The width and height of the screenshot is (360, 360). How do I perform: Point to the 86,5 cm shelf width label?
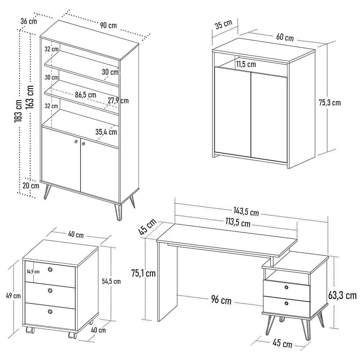click(86, 95)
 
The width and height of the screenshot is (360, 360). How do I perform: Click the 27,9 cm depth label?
click(118, 100)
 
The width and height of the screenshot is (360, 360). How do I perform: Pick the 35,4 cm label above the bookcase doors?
click(106, 132)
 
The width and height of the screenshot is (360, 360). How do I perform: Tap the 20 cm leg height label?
click(30, 186)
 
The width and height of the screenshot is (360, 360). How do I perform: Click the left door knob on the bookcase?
click(76, 142)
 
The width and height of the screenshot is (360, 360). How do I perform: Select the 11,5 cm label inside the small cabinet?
click(246, 64)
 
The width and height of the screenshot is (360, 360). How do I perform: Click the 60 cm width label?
click(285, 37)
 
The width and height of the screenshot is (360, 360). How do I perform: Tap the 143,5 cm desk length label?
click(246, 212)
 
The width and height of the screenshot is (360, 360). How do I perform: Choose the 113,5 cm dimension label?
click(238, 223)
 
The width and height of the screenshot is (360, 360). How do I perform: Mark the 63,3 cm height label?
click(342, 296)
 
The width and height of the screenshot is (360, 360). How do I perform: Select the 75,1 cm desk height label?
click(143, 273)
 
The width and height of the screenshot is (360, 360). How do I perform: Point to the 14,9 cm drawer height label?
click(33, 271)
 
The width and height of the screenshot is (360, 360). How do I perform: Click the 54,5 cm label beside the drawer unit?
click(111, 281)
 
